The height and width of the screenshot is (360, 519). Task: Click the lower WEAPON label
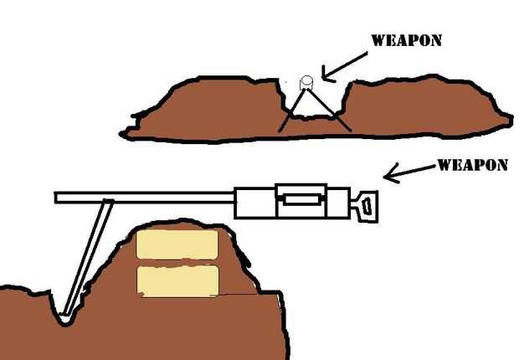click(472, 165)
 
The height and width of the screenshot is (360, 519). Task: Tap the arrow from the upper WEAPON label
click(343, 66)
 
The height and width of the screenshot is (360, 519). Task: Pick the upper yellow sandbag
click(177, 244)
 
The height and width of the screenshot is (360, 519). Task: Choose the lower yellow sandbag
click(177, 280)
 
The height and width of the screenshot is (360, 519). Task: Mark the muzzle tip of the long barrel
click(58, 198)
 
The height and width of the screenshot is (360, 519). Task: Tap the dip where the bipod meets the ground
click(66, 318)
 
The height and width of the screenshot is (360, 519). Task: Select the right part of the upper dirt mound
click(427, 105)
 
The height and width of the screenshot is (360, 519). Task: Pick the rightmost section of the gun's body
click(340, 203)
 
